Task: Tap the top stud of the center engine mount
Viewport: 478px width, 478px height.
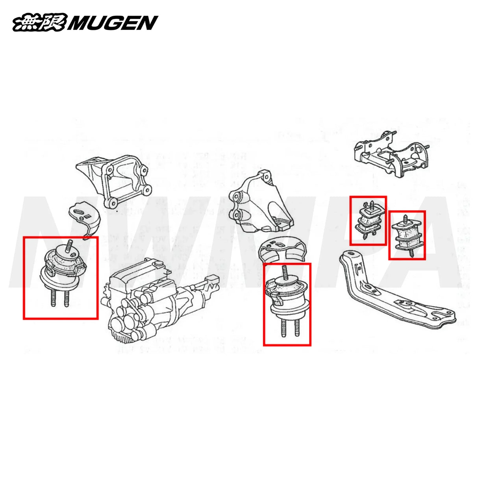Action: click(x=284, y=272)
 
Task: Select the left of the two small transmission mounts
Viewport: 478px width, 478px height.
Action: click(x=368, y=220)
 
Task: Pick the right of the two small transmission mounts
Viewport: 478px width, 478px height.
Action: click(x=407, y=235)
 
